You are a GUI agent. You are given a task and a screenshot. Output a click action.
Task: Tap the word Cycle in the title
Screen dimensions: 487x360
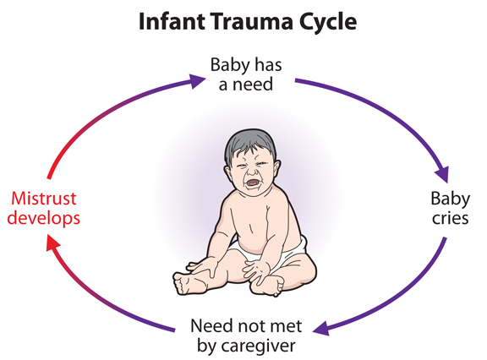pyautogui.click(x=328, y=23)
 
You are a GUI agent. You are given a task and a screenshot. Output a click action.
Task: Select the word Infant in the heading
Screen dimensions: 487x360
pyautogui.click(x=172, y=21)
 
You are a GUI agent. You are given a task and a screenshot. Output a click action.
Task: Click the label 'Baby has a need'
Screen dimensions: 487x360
pyautogui.click(x=246, y=74)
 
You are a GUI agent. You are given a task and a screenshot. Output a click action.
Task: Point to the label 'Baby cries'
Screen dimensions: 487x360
pyautogui.click(x=451, y=208)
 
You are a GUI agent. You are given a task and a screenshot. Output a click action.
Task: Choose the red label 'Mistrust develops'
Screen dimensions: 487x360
pyautogui.click(x=43, y=208)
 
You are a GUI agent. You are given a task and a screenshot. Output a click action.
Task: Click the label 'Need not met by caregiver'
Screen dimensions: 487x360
pyautogui.click(x=246, y=335)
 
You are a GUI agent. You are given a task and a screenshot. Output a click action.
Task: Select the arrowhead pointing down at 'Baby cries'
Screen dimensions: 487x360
pyautogui.click(x=443, y=175)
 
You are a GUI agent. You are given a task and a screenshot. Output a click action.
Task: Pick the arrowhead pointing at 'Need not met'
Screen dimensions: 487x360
pyautogui.click(x=321, y=329)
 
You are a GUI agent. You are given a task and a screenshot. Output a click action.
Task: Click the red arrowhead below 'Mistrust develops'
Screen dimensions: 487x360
pyautogui.click(x=52, y=243)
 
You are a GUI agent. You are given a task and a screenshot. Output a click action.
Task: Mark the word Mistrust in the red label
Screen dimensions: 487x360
pyautogui.click(x=43, y=199)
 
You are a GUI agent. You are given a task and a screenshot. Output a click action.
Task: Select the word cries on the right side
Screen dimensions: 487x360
pyautogui.click(x=451, y=218)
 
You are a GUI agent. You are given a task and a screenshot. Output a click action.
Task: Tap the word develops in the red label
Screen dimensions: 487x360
pyautogui.click(x=43, y=219)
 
